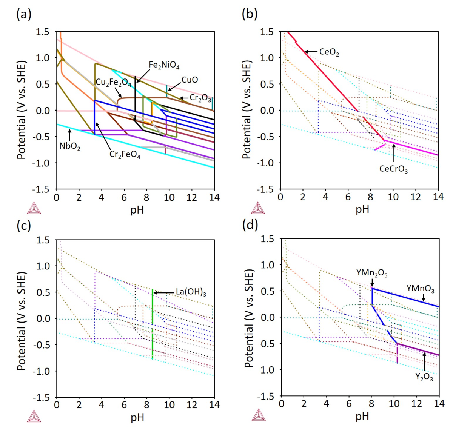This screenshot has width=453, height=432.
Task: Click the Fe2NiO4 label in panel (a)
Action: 164,65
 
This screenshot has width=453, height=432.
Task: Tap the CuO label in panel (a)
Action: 190,80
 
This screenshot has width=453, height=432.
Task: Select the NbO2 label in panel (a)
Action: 70,146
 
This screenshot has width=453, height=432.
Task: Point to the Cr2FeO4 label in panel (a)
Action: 125,154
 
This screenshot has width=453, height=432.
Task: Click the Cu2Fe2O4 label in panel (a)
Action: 113,83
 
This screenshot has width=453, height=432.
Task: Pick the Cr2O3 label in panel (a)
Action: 200,98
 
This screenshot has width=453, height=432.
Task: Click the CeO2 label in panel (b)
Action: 329,52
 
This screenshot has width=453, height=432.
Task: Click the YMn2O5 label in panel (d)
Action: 372,273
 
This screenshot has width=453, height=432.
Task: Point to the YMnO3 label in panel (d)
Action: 420,289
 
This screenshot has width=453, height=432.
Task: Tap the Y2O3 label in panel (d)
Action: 424,377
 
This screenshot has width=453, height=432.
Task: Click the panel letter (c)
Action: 24,226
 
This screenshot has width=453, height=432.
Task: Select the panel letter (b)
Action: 250,14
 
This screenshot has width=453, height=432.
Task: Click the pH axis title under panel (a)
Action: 137,209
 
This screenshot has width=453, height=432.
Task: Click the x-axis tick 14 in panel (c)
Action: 214,404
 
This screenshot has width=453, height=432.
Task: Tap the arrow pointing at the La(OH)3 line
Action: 164,293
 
